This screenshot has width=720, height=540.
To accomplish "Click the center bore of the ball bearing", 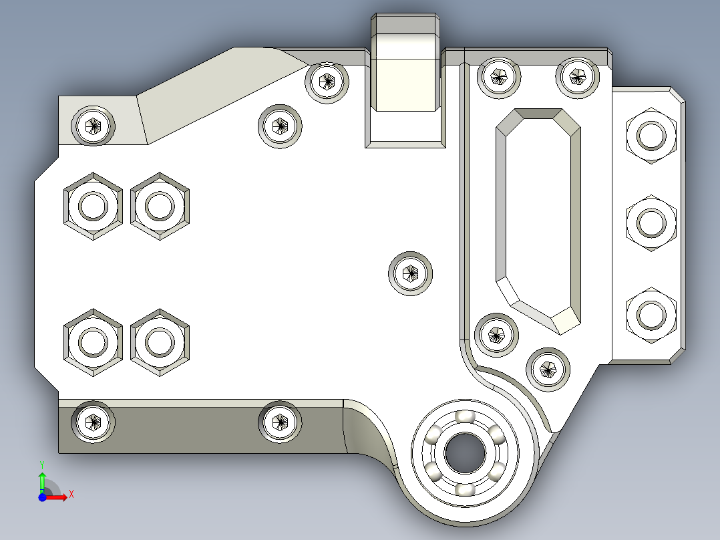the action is [x=465, y=453].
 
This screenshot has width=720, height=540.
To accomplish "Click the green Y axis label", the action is [x=42, y=464].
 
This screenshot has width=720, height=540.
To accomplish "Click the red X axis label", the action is [x=71, y=495].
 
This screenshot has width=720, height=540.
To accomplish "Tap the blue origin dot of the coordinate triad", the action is [x=42, y=497].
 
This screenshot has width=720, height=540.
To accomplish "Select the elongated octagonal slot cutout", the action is [x=538, y=221].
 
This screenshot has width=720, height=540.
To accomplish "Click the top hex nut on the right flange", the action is [x=651, y=136].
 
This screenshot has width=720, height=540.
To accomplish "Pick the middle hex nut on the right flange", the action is [x=651, y=223].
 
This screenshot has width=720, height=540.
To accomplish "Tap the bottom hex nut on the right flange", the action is [x=651, y=315].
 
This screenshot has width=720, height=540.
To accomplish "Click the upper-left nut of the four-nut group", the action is [x=94, y=206].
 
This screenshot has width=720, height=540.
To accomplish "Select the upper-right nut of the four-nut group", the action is [x=160, y=206].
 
